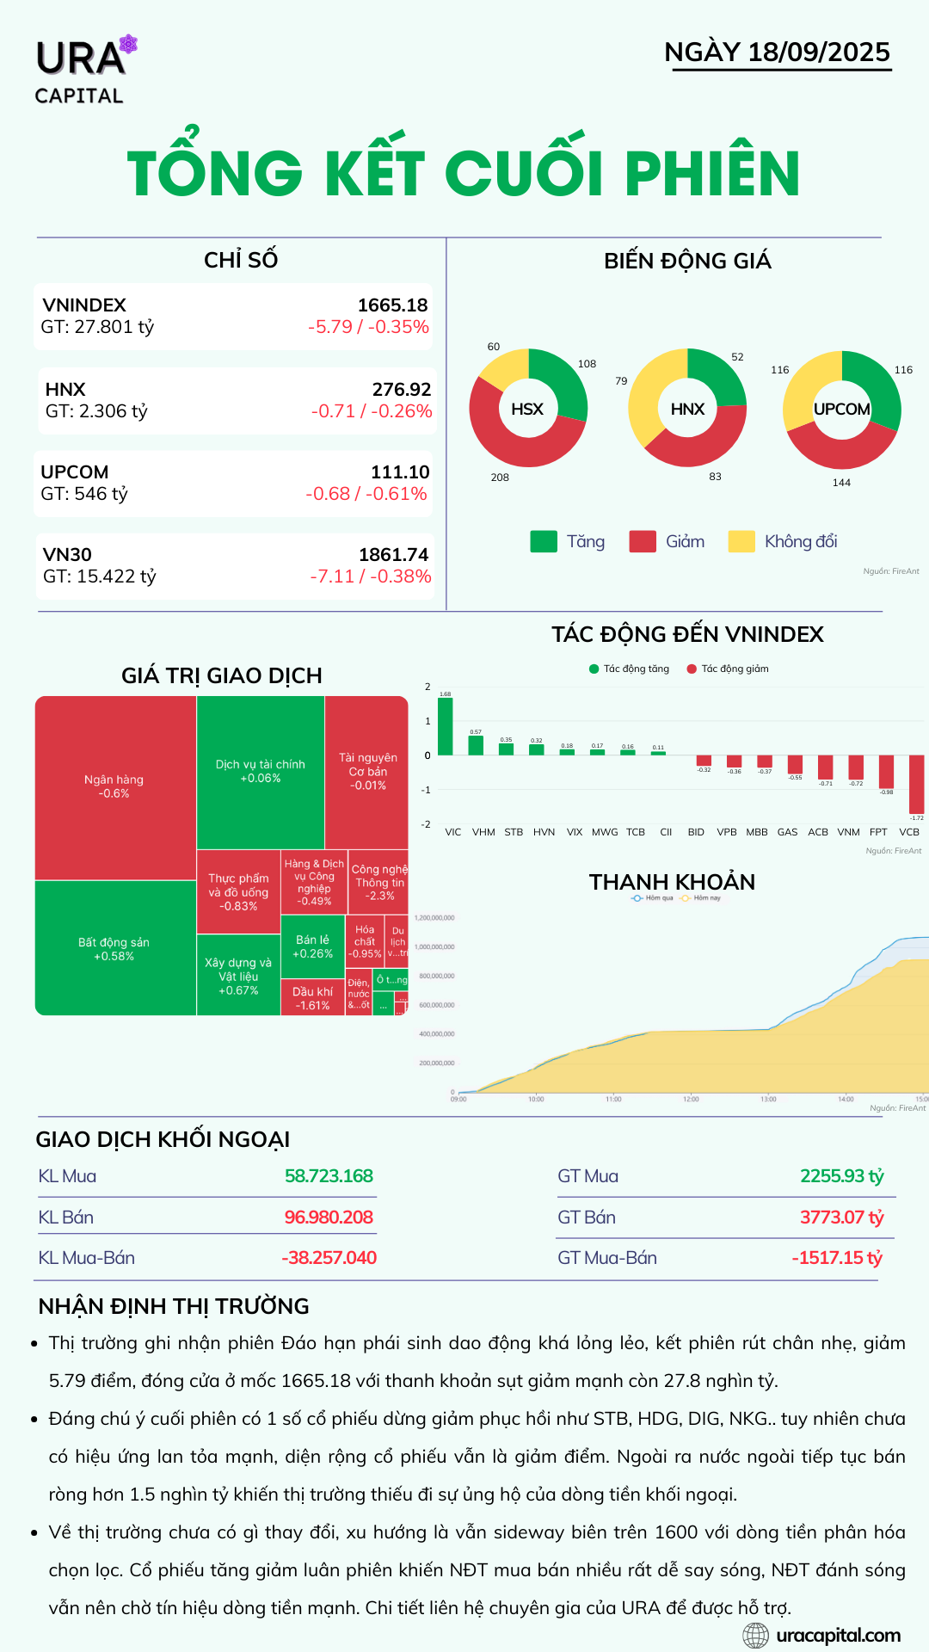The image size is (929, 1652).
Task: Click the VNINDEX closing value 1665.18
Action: coord(392,305)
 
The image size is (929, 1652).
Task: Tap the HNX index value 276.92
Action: coord(402,390)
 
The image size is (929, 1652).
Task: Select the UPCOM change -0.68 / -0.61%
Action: coord(366,494)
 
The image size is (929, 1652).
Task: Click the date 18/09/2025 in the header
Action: coord(818,52)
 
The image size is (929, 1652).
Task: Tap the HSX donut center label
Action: coord(527,409)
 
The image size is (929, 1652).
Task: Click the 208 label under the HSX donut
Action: coord(500,478)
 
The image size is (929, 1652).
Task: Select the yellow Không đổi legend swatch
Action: coord(741,541)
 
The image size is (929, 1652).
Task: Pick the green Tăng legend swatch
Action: coord(544,541)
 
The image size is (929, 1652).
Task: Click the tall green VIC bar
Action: coord(445,726)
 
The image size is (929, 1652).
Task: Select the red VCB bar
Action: coord(916,784)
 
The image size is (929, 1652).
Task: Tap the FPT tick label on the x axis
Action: coord(878,832)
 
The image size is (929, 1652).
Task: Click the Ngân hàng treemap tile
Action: coord(114,786)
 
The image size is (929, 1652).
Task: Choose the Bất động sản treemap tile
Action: coord(114,948)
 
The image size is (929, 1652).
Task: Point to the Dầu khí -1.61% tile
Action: coord(312,998)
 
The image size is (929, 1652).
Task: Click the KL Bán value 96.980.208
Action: coord(329,1217)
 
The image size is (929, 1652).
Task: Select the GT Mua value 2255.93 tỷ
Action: coord(841,1176)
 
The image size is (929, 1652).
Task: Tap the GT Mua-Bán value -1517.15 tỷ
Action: coord(836,1258)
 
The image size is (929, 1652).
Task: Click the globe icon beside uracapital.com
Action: coord(755,1635)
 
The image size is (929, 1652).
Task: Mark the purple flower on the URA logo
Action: coord(128,44)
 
